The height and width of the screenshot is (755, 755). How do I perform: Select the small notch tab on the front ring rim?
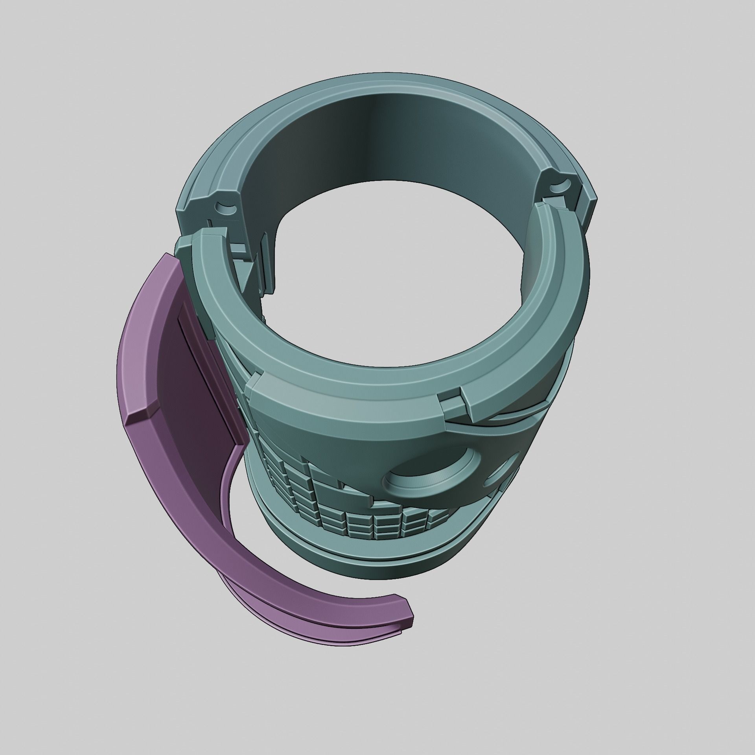point(452,405)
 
